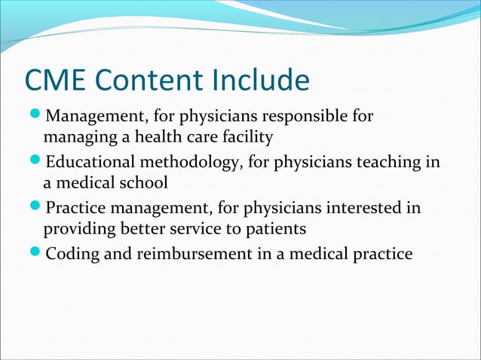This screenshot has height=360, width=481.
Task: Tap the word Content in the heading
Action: click(153, 81)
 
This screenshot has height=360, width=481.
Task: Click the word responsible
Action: click(303, 117)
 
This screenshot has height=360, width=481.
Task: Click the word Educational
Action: click(90, 163)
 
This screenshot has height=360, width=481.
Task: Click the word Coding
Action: click(72, 254)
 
